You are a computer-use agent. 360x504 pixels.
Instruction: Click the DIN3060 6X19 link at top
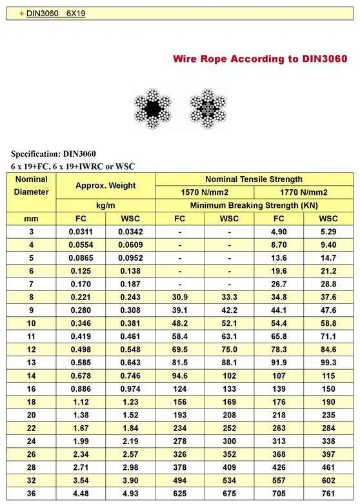55,13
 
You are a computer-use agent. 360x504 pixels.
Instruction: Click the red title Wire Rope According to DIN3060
260,59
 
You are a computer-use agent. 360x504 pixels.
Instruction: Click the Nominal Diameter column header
31,185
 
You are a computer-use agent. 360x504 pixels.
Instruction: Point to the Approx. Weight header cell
106,185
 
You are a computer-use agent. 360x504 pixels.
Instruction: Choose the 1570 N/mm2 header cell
205,192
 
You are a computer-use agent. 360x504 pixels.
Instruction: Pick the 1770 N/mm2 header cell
304,192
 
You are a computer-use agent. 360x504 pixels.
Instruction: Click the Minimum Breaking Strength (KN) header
254,205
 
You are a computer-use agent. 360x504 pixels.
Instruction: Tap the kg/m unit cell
106,205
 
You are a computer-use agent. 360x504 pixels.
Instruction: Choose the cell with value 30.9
179,296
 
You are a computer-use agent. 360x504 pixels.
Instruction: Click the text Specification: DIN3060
54,154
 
